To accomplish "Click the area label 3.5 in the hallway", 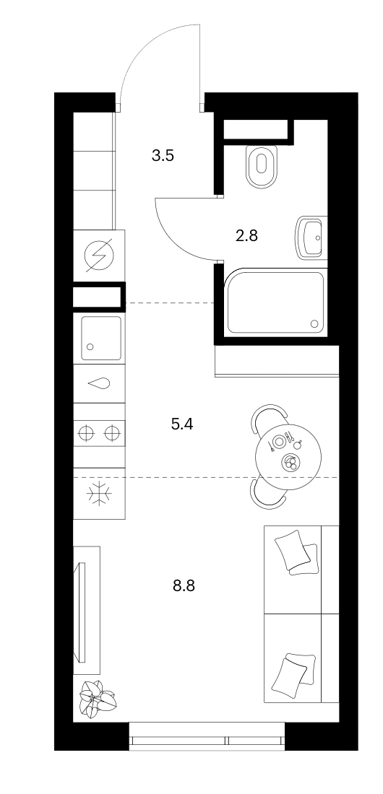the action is pyautogui.click(x=163, y=155).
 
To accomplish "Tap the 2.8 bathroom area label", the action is pyautogui.click(x=247, y=235).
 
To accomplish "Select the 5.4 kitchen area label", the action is pyautogui.click(x=182, y=424).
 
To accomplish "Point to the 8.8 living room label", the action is pyautogui.click(x=184, y=586).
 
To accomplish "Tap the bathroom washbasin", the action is pyautogui.click(x=311, y=237).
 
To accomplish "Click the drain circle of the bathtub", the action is pyautogui.click(x=314, y=323).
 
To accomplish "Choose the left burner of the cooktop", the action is pyautogui.click(x=86, y=434).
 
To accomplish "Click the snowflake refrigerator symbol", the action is pyautogui.click(x=99, y=494).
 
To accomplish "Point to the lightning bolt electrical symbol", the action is pyautogui.click(x=99, y=255).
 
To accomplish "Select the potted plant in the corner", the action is pyautogui.click(x=97, y=699).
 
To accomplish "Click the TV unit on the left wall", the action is pyautogui.click(x=87, y=610).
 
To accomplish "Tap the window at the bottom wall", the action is pyautogui.click(x=207, y=736).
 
